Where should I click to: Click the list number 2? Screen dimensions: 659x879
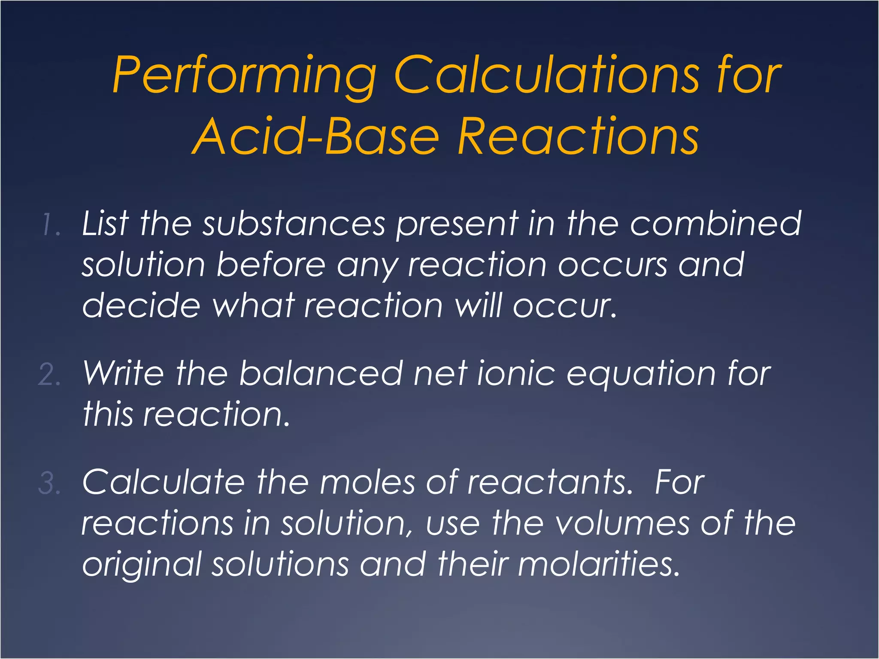click(49, 375)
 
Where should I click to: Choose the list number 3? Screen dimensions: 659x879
click(49, 483)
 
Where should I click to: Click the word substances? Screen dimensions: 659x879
click(294, 224)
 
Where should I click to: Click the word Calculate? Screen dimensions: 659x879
click(163, 482)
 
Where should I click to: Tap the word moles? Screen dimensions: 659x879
click(367, 482)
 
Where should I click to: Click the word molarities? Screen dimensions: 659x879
click(599, 564)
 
